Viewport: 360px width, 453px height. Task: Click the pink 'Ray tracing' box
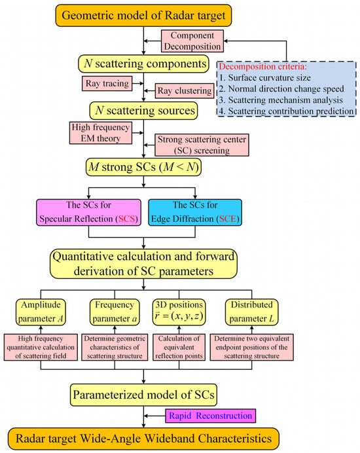pyautogui.click(x=104, y=84)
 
